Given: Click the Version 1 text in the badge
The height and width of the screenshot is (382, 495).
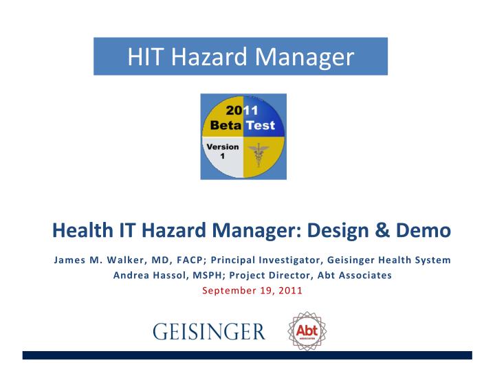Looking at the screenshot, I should point(223,150).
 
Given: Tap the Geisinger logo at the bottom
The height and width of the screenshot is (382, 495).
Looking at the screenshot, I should point(208,331).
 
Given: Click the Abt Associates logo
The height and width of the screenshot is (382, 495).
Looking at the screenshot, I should point(306,330).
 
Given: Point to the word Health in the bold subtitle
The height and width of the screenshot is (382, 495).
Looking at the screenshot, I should point(78,232).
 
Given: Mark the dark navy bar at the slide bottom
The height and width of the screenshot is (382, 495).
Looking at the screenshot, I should point(247,355).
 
